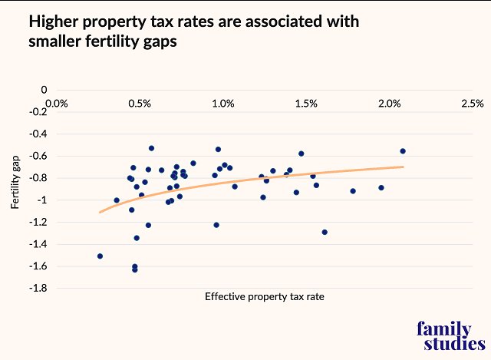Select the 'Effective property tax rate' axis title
pos(259,297)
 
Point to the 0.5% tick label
pos(138,103)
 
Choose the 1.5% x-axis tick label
pos(305,103)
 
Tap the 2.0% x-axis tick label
pos(389,103)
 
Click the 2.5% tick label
pos(472,103)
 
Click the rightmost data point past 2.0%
pos(403,151)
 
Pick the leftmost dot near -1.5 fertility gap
pos(100,256)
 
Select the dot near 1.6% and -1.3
pos(325,232)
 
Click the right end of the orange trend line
pos(403,167)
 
